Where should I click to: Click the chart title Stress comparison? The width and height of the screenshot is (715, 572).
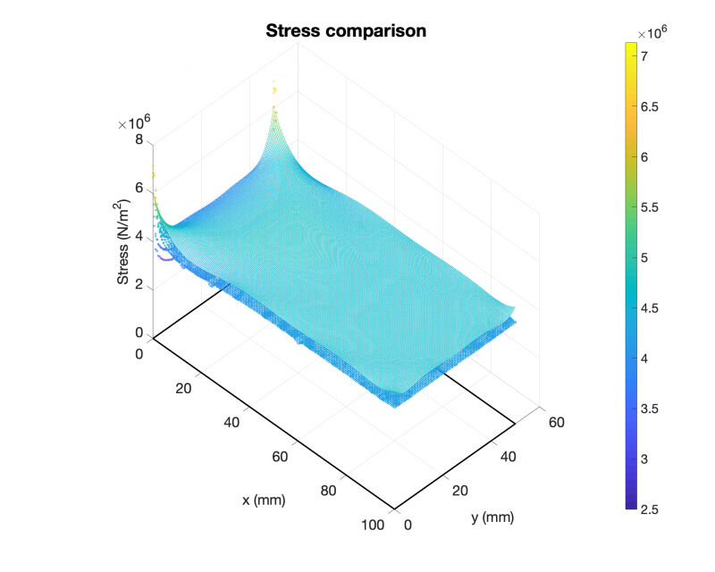tap(346, 31)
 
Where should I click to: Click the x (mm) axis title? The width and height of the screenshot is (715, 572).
tap(264, 500)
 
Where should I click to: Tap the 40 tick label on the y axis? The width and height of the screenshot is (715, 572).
tap(507, 456)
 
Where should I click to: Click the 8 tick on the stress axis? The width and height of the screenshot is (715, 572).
tap(139, 139)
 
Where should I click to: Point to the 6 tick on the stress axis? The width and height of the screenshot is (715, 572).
tap(139, 188)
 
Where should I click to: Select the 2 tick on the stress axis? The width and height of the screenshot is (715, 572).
tap(139, 284)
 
